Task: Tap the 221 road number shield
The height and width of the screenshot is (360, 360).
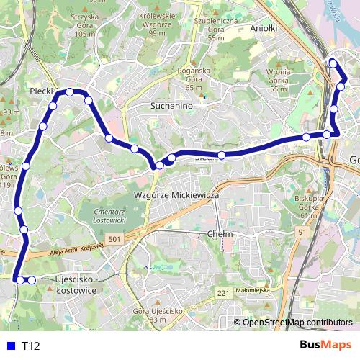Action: pyautogui.click(x=223, y=293)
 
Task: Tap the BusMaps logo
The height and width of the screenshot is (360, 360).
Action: pyautogui.click(x=326, y=345)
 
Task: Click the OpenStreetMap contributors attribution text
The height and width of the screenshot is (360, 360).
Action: pyautogui.click(x=297, y=322)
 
